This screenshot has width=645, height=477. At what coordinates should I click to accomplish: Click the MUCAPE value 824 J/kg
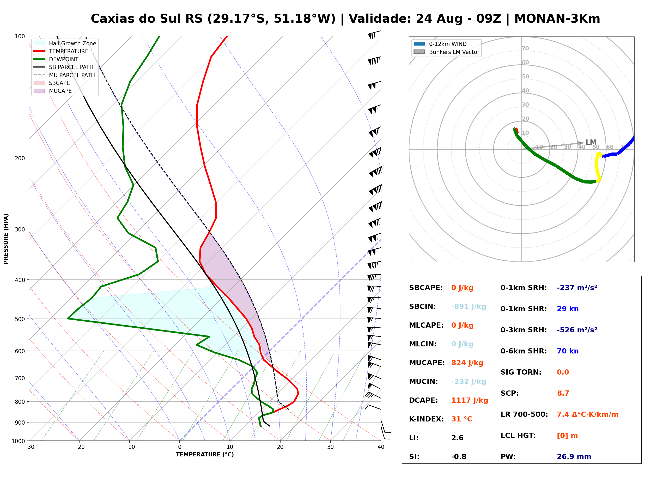click(467, 363)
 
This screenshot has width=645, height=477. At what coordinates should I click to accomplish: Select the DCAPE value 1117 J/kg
click(470, 400)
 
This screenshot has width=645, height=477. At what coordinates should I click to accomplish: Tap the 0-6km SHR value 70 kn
click(568, 351)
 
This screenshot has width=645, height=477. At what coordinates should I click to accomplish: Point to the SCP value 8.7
click(563, 393)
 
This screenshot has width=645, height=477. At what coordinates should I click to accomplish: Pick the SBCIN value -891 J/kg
click(468, 306)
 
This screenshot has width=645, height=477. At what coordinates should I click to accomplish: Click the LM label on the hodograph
click(591, 142)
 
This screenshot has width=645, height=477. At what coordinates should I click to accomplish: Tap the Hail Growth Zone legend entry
click(65, 43)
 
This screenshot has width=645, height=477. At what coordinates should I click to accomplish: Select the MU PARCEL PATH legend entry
click(64, 75)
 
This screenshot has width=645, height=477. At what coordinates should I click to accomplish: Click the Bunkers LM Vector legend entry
click(446, 52)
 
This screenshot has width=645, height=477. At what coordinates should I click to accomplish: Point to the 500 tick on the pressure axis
click(20, 319)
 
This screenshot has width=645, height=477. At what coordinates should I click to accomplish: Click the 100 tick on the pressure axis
click(20, 36)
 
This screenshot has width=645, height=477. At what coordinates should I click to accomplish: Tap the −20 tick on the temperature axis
click(79, 447)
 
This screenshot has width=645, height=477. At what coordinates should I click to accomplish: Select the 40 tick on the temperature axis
click(381, 447)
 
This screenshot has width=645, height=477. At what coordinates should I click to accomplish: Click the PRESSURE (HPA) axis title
click(6, 239)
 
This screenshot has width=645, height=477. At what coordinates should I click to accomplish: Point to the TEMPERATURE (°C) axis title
click(205, 455)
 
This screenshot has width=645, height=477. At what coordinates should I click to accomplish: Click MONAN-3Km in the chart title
click(557, 19)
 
